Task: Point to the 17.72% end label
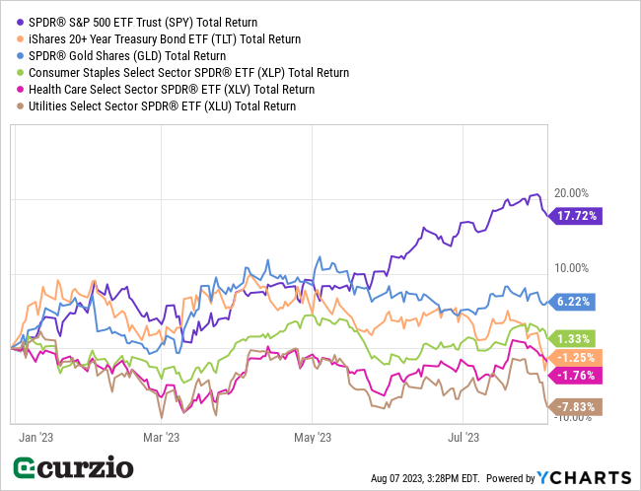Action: click(x=578, y=216)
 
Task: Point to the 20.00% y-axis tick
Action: click(x=572, y=193)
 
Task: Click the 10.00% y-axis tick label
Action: click(x=572, y=267)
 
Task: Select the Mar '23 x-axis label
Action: click(x=162, y=435)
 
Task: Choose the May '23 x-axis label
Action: click(x=312, y=435)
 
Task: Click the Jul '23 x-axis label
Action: click(x=463, y=435)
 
